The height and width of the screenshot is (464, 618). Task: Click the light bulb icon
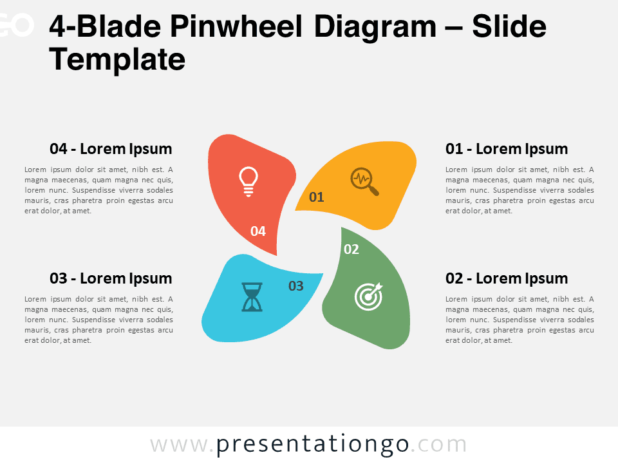[x=248, y=182]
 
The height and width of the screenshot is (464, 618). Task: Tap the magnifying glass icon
[x=364, y=182]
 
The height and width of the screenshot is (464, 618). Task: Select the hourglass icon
[x=252, y=296]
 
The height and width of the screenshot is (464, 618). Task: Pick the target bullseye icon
[x=368, y=296]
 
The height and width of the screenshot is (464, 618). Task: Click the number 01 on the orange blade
[x=317, y=197]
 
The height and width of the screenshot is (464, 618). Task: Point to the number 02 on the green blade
[x=351, y=249]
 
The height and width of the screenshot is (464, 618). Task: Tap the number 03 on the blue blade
[x=296, y=285]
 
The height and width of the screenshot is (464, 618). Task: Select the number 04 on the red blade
[x=258, y=231]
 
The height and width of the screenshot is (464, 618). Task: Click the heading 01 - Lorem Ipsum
[x=507, y=149]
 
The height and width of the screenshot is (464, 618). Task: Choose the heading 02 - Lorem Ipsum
[x=507, y=278]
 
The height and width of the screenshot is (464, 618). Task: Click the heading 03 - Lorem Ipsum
[x=111, y=278]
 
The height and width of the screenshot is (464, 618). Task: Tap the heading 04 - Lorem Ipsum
[x=111, y=149]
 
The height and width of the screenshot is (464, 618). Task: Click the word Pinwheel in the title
[x=236, y=26]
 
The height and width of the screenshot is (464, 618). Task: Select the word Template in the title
[x=117, y=59]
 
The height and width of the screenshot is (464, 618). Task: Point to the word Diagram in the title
[x=375, y=28]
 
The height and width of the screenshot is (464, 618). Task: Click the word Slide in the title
[x=509, y=26]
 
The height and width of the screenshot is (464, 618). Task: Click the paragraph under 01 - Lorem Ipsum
[x=520, y=189]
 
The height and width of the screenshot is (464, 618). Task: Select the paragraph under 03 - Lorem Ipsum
[x=98, y=319]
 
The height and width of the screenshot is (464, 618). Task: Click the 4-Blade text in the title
[x=105, y=26]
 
